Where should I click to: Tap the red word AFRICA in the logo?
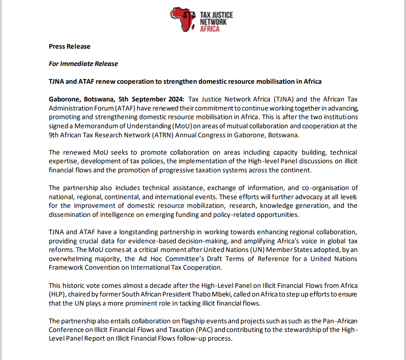click(210, 29)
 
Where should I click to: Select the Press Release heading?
click(69, 47)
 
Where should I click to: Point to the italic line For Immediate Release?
click(83, 64)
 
